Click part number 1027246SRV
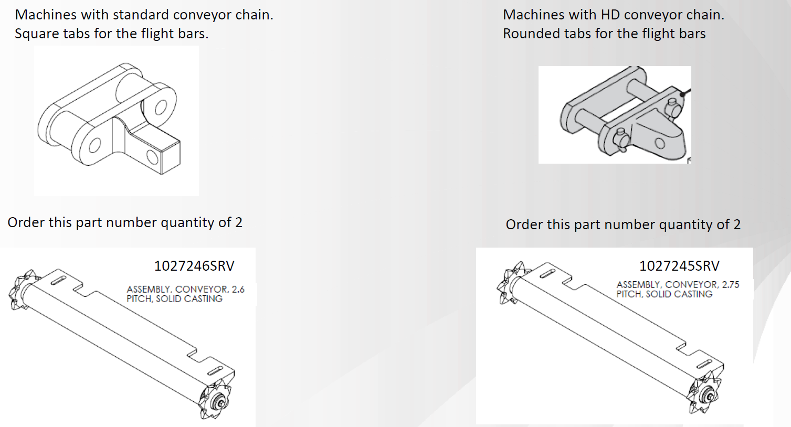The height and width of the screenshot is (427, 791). coord(194,266)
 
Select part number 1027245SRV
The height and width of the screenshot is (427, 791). coord(679,266)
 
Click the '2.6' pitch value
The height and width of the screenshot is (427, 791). coord(238,290)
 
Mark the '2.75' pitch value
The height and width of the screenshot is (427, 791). coord(731,285)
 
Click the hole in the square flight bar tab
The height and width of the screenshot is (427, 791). coord(152,157)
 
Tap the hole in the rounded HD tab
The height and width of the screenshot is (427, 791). coord(659,143)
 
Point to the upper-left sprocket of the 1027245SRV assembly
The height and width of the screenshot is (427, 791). coord(511,283)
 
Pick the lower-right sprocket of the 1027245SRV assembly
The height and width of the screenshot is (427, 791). coord(703,394)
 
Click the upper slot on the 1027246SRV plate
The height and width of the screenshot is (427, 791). coord(59,281)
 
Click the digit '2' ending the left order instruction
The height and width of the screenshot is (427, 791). coord(239,222)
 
